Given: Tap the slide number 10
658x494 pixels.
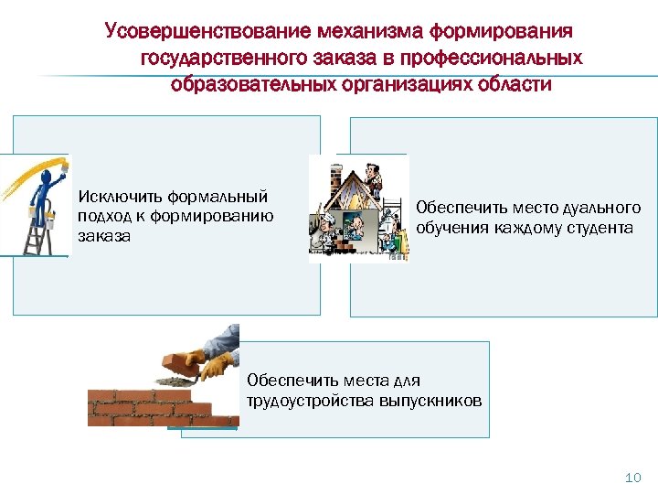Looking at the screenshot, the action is [632, 477].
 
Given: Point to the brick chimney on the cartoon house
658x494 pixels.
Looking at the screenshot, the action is [333, 173].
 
